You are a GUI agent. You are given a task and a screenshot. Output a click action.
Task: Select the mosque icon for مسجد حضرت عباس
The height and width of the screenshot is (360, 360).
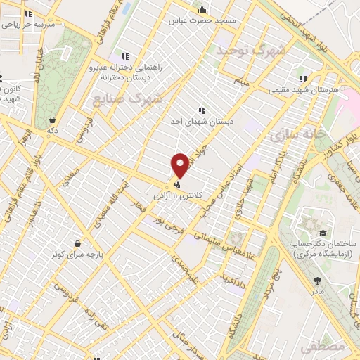(202, 10)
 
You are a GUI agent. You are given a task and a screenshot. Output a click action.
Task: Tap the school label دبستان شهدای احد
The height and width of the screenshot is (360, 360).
(201, 120)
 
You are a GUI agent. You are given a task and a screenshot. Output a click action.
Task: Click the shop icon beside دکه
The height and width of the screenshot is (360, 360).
(53, 119)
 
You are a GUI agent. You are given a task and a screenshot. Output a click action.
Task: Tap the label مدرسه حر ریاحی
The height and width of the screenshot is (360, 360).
(25, 23)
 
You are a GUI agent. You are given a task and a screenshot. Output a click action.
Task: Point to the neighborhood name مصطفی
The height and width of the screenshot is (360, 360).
(321, 347)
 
